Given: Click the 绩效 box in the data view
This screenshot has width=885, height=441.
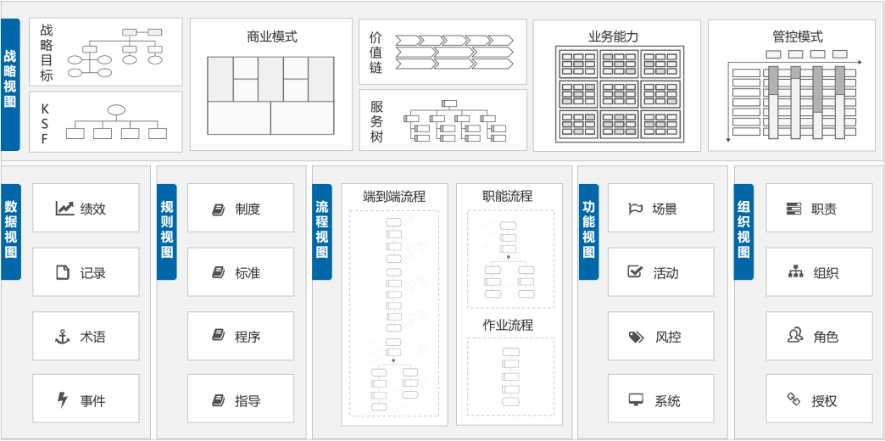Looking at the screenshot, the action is point(86,208).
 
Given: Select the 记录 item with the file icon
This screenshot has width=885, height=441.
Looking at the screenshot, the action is point(86,272).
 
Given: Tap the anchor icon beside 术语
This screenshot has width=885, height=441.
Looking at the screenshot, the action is point(62,337).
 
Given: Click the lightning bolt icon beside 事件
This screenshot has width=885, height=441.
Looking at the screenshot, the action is point(62,400).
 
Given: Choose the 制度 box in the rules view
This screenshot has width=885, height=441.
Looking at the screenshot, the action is point(241,208).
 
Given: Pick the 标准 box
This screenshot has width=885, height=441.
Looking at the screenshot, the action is point(241,272).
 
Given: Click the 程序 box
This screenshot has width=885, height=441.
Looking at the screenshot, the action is point(241,336).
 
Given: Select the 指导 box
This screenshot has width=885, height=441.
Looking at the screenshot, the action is point(241,399).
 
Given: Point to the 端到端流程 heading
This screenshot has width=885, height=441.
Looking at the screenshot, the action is point(394,197).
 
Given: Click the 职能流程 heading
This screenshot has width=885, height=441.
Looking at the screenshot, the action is point(508,196).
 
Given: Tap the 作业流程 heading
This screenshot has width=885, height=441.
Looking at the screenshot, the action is point(508,326).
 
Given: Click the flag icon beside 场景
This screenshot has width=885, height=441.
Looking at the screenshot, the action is point(635,209).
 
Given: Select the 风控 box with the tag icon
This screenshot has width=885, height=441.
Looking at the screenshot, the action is point(660,336).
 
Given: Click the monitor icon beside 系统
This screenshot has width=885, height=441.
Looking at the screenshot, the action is point(636,400).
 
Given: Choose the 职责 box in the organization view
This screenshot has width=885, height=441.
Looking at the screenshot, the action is point(819,208).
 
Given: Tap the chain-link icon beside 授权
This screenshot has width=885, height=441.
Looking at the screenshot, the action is point(794,399).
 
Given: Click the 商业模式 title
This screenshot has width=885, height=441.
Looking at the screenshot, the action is point(271,37).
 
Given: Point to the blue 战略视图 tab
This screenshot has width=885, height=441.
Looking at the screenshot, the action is point(10,85).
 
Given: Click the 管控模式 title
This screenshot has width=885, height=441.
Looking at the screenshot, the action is point(798,36).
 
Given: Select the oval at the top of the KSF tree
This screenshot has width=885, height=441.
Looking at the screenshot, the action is point(116,110).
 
